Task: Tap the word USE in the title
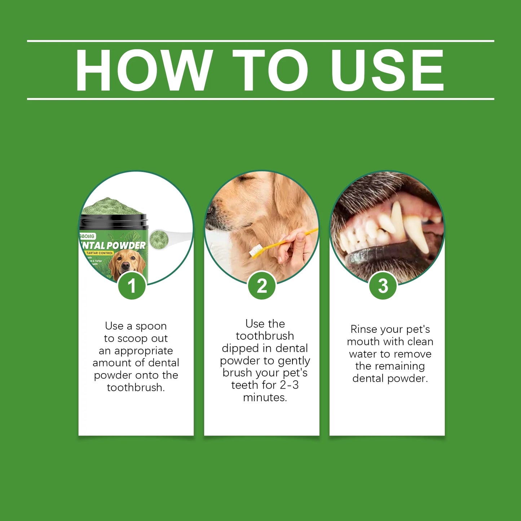[x=388, y=70]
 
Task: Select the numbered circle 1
[x=132, y=286]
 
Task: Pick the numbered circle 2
[x=262, y=286]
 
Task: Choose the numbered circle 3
[x=383, y=286]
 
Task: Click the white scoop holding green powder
[x=158, y=238]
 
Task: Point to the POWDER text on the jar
[x=126, y=246]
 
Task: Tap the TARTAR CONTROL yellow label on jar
[x=100, y=253]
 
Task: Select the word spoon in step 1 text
[x=151, y=326]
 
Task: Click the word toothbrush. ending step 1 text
[x=136, y=388]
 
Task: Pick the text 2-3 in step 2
[x=289, y=385]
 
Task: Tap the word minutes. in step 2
[x=265, y=397]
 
